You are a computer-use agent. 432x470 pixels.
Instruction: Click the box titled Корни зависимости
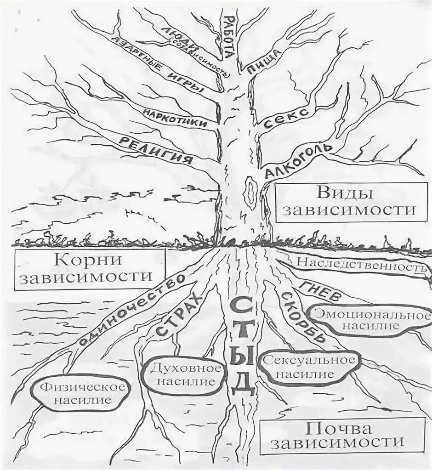coord(84,270)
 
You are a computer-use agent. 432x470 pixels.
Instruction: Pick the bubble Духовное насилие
coord(183,374)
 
